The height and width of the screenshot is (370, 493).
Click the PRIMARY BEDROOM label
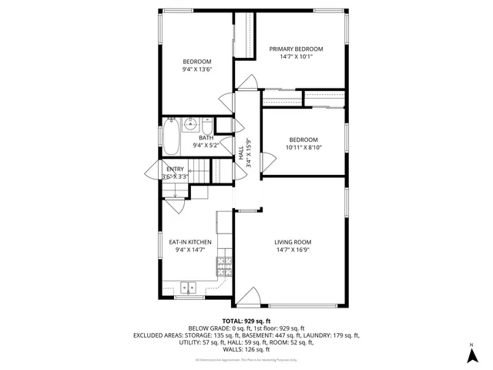[296, 49]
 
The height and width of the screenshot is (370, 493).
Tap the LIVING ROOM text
[293, 241]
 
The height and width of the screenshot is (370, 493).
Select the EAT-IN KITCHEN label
[190, 241]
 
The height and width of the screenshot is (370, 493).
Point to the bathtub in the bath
[171, 137]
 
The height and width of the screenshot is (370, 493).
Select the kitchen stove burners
[224, 267]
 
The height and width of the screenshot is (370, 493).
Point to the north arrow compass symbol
[471, 354]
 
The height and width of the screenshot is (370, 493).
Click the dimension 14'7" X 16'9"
[293, 250]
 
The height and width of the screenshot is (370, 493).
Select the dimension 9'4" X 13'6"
[196, 69]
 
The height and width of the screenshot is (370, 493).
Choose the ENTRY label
[175, 169]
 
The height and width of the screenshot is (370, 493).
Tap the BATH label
[195, 137]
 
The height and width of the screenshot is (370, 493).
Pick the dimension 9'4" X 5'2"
[196, 145]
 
